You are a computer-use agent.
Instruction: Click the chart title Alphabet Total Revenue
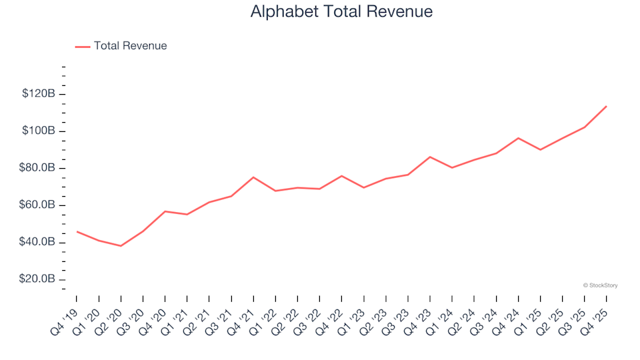click(341, 11)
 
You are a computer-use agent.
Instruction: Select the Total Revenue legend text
click(130, 46)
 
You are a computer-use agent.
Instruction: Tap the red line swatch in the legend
click(83, 46)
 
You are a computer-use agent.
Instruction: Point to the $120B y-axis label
click(39, 94)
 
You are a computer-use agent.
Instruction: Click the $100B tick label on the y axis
click(39, 131)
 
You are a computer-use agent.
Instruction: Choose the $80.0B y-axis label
click(37, 168)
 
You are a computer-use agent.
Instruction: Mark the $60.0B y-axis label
click(37, 205)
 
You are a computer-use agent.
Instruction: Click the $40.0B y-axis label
click(37, 242)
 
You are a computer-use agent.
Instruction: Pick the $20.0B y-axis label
click(37, 279)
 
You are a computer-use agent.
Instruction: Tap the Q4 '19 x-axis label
click(65, 318)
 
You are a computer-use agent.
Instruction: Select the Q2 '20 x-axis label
click(109, 318)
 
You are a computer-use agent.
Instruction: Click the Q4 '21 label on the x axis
click(242, 318)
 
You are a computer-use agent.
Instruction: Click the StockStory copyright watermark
click(600, 285)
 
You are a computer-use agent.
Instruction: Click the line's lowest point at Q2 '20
click(121, 246)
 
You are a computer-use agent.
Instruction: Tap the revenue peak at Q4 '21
click(253, 177)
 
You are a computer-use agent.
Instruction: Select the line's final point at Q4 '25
click(606, 106)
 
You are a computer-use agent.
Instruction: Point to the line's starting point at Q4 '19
click(77, 231)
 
